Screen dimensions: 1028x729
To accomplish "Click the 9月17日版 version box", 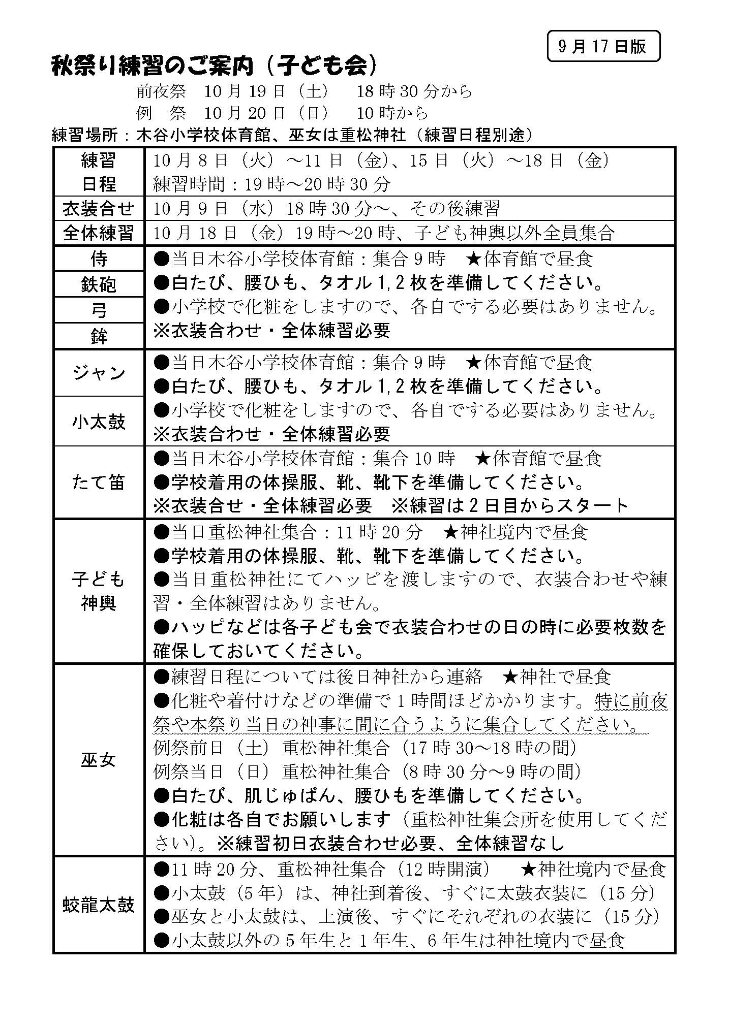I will click(x=603, y=46).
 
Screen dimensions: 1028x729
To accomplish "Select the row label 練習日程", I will click(x=99, y=172).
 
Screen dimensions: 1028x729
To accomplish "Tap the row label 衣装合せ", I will click(x=99, y=208).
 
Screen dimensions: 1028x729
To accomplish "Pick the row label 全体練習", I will click(x=99, y=233).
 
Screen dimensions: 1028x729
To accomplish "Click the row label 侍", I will click(x=99, y=259).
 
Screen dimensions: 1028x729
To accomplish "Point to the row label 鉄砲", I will click(x=99, y=285).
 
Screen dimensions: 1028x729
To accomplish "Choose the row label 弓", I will click(x=99, y=310).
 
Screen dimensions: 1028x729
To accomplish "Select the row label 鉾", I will click(x=99, y=336).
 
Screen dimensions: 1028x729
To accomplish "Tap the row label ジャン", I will click(x=99, y=373).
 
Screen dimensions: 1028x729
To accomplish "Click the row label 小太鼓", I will click(x=99, y=422).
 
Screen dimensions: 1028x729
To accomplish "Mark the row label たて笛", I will click(x=99, y=482).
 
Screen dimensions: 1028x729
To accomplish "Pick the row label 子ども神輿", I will click(x=99, y=591).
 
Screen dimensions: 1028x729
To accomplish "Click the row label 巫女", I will click(x=99, y=760).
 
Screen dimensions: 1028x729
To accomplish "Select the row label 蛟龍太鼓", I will click(x=99, y=905).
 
